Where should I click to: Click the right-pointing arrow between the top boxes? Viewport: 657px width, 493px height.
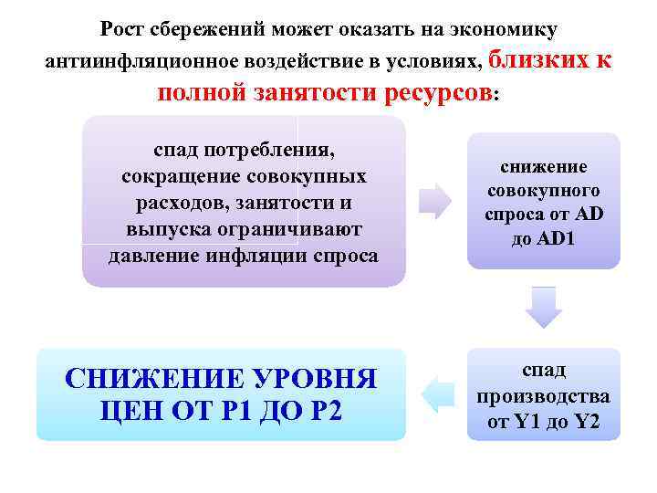pyautogui.click(x=435, y=200)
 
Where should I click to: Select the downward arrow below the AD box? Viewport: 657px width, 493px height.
pyautogui.click(x=543, y=307)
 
